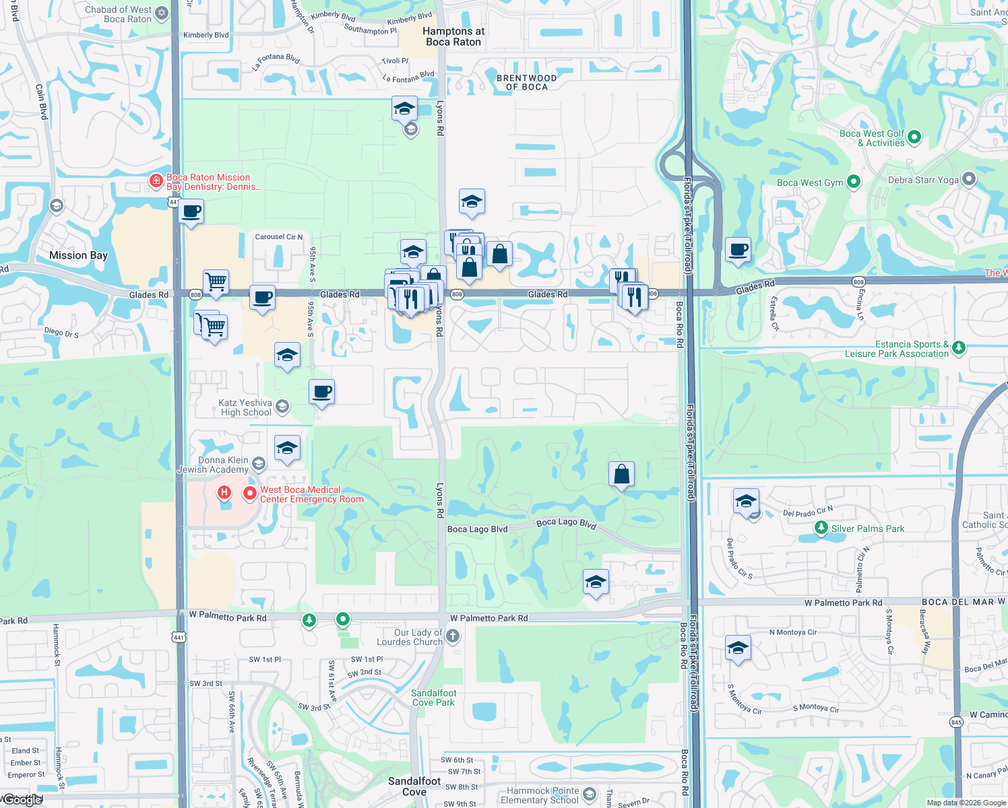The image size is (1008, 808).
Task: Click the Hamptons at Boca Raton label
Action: [x=453, y=36]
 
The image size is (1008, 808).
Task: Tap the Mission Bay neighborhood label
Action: [x=78, y=255]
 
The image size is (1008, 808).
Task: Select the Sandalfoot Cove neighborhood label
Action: [x=414, y=786]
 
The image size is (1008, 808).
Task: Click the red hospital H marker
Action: [x=224, y=494]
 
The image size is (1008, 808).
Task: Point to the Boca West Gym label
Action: [x=810, y=182]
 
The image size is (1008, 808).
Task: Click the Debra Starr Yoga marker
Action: [x=969, y=179]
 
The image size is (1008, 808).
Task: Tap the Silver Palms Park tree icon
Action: [x=821, y=528]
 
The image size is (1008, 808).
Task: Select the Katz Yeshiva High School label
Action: [x=245, y=407]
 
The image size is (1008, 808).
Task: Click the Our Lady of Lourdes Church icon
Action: [x=453, y=635]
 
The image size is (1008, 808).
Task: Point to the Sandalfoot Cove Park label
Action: [x=434, y=698]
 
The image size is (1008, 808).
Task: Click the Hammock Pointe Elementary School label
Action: [x=539, y=795]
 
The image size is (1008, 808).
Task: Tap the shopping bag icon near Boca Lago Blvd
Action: [x=621, y=474]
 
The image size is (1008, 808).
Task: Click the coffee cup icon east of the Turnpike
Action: [x=738, y=249]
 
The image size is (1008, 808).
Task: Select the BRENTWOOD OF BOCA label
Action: [x=526, y=82]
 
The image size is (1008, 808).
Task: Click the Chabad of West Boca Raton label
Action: [x=119, y=14]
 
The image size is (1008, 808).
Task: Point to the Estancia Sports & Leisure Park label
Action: [x=896, y=349]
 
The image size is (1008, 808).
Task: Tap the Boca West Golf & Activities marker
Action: [x=914, y=137]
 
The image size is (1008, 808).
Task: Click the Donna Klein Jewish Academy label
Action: [x=213, y=465]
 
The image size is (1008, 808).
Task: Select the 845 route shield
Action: [x=956, y=722]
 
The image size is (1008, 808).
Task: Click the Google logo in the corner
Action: [x=22, y=800]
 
